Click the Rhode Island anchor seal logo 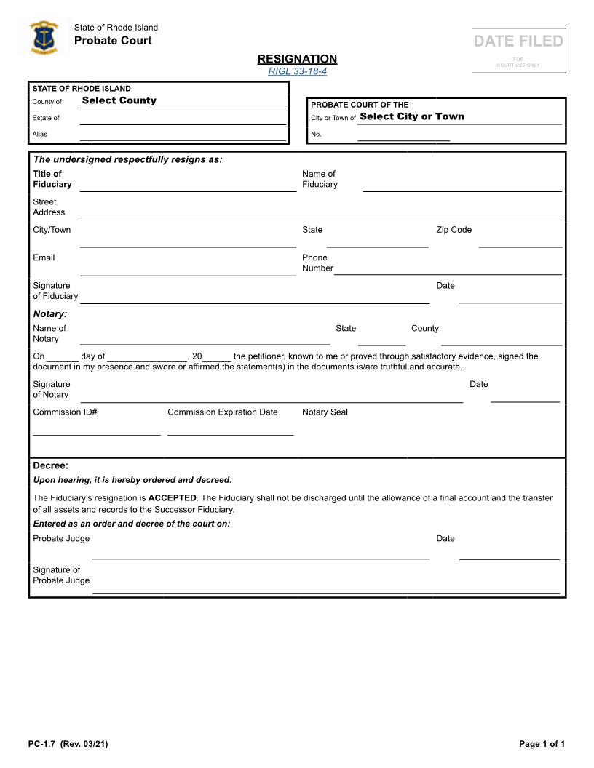tap(44, 38)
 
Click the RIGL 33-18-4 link tap(297, 71)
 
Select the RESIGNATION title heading tap(297, 59)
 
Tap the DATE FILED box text tap(518, 41)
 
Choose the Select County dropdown tap(182, 101)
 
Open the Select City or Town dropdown tap(459, 117)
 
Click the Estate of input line tap(182, 119)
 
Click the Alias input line tap(182, 135)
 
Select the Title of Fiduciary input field tap(187, 185)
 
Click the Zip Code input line tap(520, 241)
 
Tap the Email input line tap(187, 270)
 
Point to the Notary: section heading tap(50, 314)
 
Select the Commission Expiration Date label tap(222, 412)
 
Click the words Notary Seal tap(325, 412)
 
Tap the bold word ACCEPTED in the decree tap(173, 498)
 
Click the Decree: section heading tap(50, 465)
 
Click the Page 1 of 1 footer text tap(542, 744)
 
